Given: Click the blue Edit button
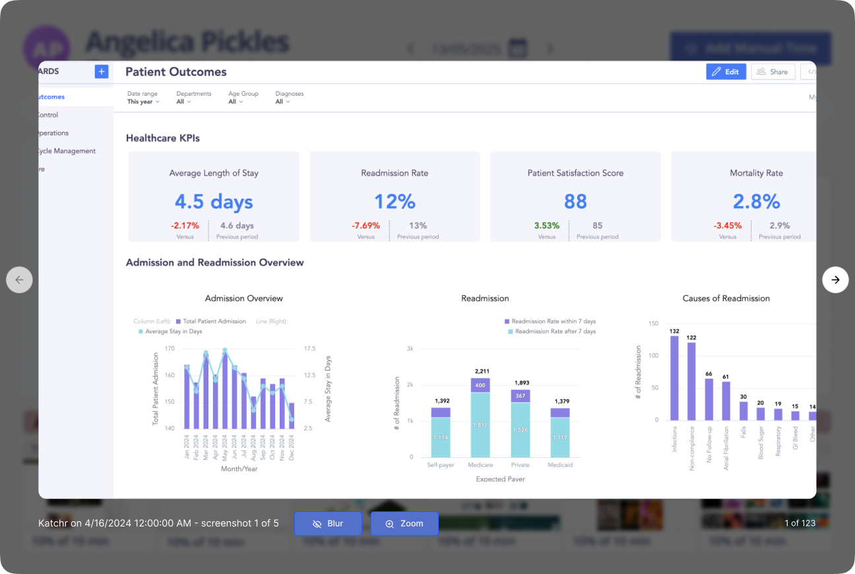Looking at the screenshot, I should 726,72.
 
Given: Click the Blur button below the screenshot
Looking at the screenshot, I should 328,524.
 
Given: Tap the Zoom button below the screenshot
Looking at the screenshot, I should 404,524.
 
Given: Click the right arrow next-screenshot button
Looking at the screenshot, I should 835,280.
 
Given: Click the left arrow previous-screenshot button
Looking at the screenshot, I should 19,280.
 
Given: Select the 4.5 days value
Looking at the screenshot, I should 213,201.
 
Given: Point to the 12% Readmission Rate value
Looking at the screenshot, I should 394,201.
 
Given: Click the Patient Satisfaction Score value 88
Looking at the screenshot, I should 575,201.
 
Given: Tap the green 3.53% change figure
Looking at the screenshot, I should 546,226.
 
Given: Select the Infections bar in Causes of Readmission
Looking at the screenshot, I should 674,378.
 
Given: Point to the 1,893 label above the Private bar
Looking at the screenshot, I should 521,383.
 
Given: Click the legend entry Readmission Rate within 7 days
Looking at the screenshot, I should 554,321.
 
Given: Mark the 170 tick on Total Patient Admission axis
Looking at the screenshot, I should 170,348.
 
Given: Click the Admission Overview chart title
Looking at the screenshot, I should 243,298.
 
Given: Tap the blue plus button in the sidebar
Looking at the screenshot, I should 102,71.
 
